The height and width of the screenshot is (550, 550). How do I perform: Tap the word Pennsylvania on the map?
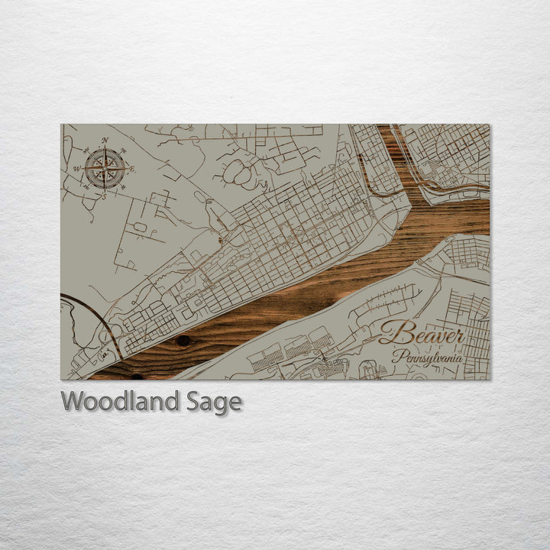click(428, 357)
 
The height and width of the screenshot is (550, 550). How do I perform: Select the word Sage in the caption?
click(214, 402)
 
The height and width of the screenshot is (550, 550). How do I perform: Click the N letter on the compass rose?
click(105, 141)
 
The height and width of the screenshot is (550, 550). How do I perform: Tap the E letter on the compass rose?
click(132, 169)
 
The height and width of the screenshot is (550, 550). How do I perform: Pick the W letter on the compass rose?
click(77, 169)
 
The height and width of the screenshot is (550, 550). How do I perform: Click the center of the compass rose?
click(105, 169)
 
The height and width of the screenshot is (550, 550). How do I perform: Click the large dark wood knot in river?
click(183, 341)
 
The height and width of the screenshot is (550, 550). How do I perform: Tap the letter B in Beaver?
click(391, 332)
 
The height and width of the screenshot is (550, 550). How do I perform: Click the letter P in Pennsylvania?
click(397, 356)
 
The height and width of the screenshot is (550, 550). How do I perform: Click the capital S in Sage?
click(194, 401)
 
